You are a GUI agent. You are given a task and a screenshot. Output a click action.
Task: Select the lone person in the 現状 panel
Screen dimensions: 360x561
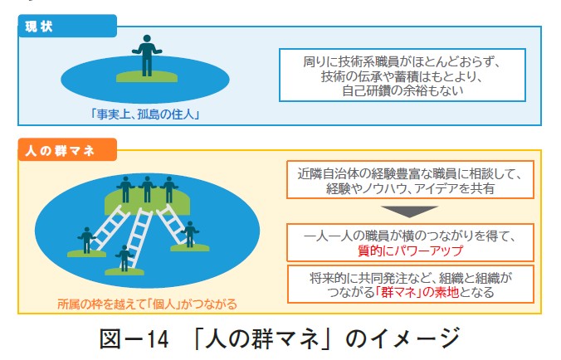[148, 56]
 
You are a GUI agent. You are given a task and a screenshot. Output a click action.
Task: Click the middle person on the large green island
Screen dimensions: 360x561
[148, 188]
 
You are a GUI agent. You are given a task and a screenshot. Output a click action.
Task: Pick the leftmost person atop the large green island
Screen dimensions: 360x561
[125, 189]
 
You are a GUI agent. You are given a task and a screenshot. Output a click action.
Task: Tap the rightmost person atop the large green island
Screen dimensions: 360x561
[169, 189]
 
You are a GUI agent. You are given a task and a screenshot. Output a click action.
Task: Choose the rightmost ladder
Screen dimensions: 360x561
[173, 221]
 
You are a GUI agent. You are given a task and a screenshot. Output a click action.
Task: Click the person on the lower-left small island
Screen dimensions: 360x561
[85, 239]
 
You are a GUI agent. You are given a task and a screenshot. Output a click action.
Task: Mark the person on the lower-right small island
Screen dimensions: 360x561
[190, 234]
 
